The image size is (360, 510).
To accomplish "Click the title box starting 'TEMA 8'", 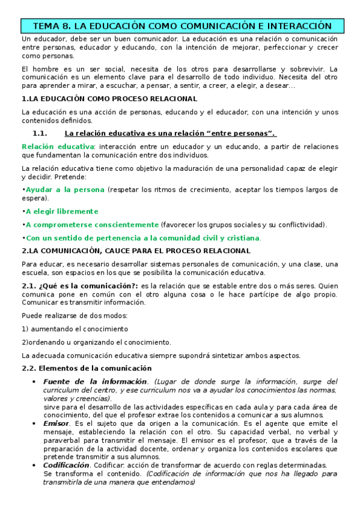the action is point(182,26).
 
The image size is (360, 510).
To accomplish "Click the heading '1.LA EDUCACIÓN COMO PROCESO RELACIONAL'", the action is point(109,98).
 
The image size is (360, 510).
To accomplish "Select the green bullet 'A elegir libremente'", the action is point(61,212).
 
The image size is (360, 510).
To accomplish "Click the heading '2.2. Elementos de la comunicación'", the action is point(87,368).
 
